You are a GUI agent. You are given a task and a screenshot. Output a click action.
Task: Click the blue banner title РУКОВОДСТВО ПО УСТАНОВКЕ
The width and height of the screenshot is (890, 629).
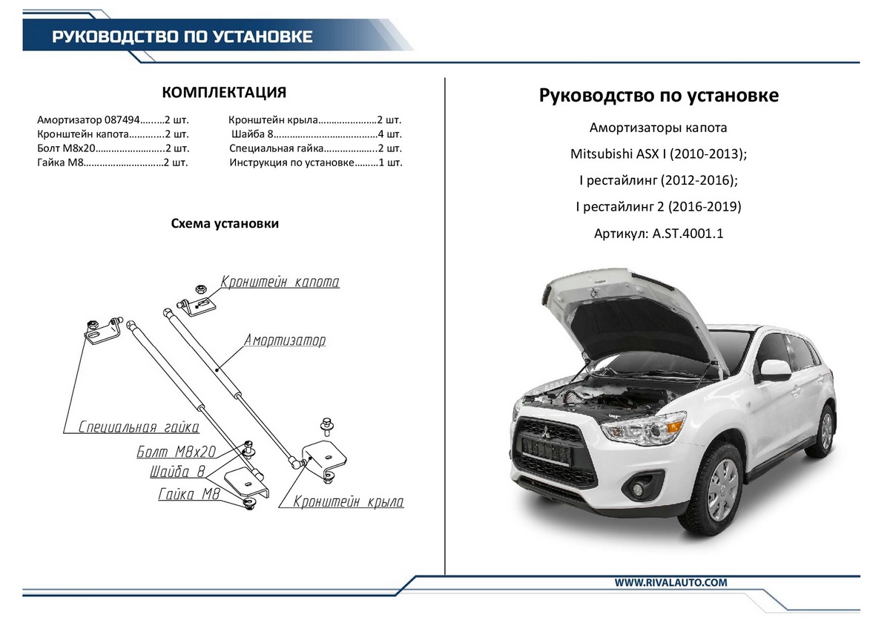(x=182, y=36)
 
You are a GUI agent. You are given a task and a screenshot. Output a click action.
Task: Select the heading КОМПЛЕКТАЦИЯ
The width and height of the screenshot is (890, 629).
(x=224, y=92)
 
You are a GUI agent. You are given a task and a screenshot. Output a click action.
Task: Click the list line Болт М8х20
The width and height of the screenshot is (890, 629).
(x=111, y=148)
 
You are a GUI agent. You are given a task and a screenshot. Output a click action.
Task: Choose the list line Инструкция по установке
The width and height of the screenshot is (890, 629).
(x=315, y=162)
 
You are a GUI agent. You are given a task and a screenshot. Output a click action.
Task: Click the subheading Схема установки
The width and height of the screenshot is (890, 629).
(x=225, y=223)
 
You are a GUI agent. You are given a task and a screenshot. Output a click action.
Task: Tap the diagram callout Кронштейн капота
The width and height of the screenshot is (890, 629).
(x=280, y=283)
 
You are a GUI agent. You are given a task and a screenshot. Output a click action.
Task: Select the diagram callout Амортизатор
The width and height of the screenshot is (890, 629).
(x=285, y=340)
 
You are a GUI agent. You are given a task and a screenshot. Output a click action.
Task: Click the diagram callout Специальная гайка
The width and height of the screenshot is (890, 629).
(x=139, y=427)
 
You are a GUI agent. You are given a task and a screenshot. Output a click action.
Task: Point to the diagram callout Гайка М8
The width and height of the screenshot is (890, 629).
(x=188, y=495)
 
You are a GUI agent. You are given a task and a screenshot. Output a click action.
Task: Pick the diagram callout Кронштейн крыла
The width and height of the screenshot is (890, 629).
(x=349, y=502)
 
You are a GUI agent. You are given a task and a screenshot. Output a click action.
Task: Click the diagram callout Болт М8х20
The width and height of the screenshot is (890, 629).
(x=177, y=451)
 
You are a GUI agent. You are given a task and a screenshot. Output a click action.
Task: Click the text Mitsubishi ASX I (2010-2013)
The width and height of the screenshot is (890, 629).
(x=658, y=154)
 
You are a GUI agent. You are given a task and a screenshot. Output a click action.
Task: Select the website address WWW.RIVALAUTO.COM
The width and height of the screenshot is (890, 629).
(x=670, y=582)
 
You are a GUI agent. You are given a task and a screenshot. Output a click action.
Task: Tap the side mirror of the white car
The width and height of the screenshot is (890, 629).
(x=772, y=369)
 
